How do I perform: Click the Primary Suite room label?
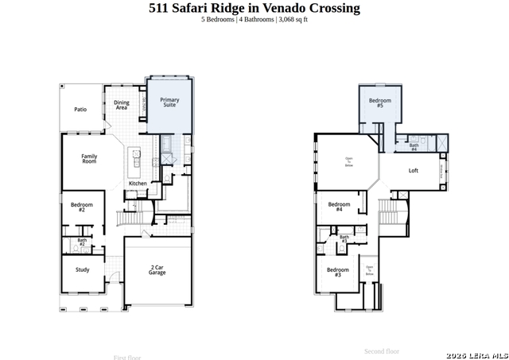(x=169, y=103)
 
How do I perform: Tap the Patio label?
(x=80, y=110)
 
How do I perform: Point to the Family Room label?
(x=89, y=158)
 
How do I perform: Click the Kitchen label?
(x=138, y=184)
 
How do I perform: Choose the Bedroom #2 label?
(x=82, y=207)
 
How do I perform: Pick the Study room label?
(x=83, y=269)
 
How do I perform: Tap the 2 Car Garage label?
(x=157, y=270)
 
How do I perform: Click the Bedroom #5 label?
(x=380, y=103)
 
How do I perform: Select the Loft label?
(x=414, y=171)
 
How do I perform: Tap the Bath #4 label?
(x=414, y=147)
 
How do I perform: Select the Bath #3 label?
(x=344, y=238)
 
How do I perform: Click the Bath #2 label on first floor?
(x=82, y=242)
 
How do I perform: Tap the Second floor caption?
(x=382, y=350)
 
